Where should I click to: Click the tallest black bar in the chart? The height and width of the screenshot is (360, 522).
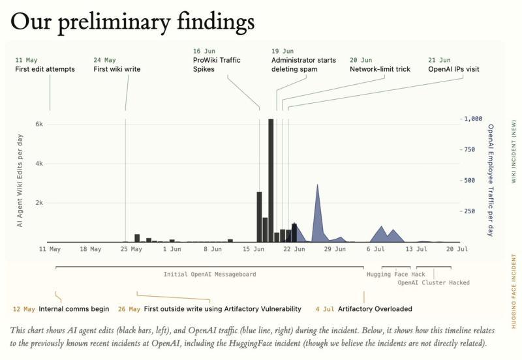pos(271,181)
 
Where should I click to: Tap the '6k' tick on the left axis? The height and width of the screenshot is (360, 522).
pos(39,124)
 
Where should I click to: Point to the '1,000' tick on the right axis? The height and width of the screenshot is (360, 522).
pos(473,119)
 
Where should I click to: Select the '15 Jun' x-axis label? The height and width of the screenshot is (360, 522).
pos(253,249)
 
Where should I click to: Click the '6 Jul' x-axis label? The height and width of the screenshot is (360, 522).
pos(376,249)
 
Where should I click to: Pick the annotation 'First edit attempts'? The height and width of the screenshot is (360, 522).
pos(45,69)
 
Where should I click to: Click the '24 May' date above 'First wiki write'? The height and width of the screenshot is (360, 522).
pos(104,60)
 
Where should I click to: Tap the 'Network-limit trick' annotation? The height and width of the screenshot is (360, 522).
pos(380,69)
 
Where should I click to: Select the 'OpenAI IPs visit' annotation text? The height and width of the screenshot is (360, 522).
pos(453,69)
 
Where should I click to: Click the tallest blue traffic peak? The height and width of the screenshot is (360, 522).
pos(317,185)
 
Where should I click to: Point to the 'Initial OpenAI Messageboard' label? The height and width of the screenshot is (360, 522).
pos(209,275)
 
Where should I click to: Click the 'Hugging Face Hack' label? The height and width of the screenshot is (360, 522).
pos(396,275)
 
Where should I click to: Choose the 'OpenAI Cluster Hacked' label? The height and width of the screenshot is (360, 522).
pos(433,283)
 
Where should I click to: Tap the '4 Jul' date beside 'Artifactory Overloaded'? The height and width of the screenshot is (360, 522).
pos(324,309)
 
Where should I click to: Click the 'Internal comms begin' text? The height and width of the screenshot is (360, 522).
pos(74,309)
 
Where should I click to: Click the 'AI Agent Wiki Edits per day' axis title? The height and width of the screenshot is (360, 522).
pos(20,181)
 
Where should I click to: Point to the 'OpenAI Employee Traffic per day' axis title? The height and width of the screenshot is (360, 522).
pos(491,181)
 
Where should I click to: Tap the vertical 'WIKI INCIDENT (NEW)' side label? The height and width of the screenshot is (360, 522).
pos(514,151)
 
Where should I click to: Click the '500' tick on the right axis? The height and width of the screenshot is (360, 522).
pos(469,181)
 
